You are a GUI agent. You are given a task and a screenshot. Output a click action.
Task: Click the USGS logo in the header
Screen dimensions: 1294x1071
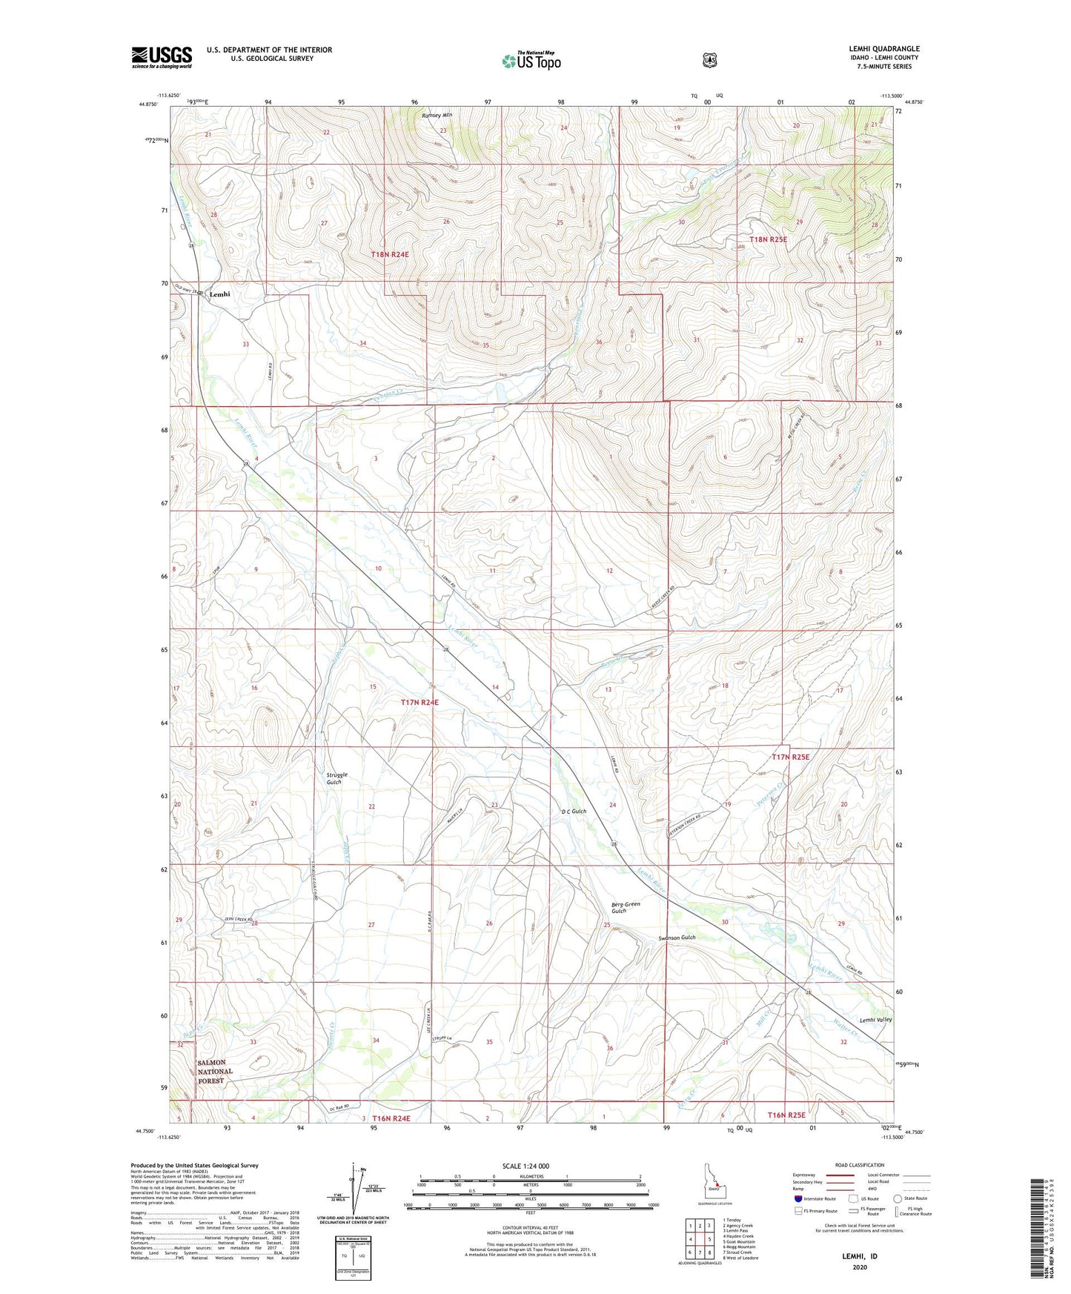tap(162, 57)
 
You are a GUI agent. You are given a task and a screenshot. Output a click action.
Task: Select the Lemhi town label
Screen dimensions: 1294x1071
tap(219, 294)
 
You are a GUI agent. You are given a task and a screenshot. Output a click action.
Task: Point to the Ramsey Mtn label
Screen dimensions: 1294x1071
tap(437, 116)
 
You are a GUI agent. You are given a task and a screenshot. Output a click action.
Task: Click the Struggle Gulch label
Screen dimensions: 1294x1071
tap(336, 778)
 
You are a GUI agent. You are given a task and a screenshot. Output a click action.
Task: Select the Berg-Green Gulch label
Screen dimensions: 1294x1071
tap(626, 907)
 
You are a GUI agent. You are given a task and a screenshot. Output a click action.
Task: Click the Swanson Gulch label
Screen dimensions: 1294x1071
tap(677, 938)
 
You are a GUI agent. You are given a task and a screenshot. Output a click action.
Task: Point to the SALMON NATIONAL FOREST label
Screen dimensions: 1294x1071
tap(215, 1071)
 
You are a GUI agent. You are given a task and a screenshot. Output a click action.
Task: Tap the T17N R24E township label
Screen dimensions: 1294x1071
tap(420, 702)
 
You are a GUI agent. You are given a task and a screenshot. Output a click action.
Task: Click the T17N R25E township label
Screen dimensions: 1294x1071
tap(790, 757)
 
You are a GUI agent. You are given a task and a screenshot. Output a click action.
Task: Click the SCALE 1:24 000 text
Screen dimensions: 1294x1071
tap(525, 1166)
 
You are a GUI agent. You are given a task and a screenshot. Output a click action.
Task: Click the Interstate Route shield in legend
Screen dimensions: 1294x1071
tap(798, 1198)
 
